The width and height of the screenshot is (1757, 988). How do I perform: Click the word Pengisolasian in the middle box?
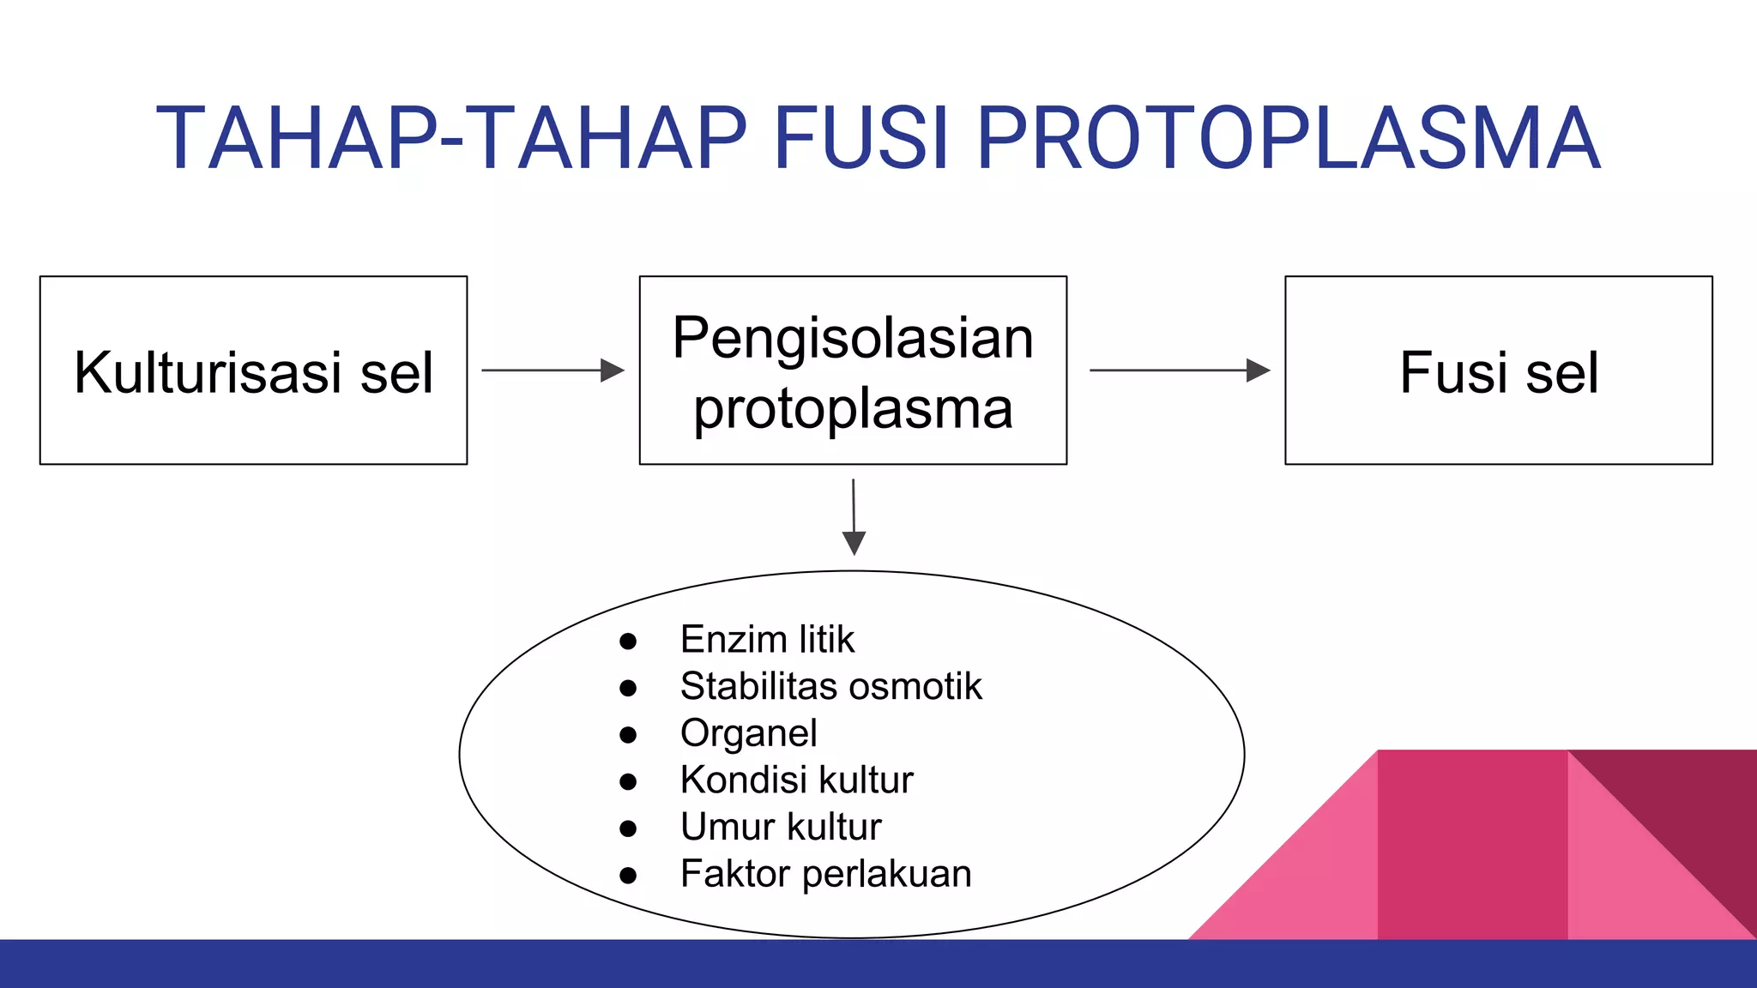pos(853,337)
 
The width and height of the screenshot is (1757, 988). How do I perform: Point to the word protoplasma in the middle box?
pos(853,409)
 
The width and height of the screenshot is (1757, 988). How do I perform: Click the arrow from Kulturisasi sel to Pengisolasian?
pos(552,370)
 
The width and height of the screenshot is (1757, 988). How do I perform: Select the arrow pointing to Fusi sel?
pos(1179,370)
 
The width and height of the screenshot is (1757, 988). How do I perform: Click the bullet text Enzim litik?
pos(767,640)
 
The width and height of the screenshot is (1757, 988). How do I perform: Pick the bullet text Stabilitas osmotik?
pos(830,686)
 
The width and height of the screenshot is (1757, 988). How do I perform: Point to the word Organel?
pos(748,733)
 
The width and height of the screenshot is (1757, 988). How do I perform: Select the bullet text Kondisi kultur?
pos(796,780)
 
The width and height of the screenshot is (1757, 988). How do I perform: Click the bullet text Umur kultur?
pos(781,827)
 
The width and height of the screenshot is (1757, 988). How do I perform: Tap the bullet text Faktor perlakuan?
pos(825,874)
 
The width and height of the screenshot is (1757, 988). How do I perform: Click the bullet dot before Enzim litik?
pos(628,642)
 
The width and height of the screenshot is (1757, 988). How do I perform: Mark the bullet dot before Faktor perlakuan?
pos(628,876)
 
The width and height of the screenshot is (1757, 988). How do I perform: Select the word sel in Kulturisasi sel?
pos(396,372)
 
